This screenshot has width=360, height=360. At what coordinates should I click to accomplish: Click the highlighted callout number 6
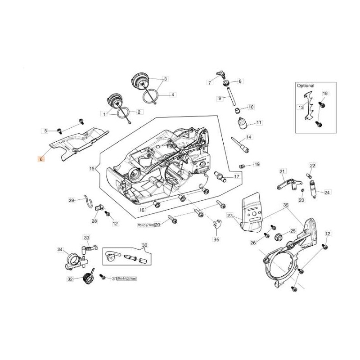[x=41, y=159]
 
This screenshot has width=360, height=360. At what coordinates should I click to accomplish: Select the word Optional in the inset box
[x=306, y=85]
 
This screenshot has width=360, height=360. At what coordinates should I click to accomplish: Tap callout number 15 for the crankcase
[x=92, y=169]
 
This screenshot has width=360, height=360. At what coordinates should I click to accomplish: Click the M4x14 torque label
[x=126, y=279]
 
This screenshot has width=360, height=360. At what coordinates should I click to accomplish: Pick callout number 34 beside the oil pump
[x=60, y=249]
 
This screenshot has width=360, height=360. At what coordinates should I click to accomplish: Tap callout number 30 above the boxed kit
[x=144, y=245]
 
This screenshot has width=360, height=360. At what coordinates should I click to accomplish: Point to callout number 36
[x=216, y=240]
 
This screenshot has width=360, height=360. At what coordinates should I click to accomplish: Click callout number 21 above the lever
[x=283, y=171]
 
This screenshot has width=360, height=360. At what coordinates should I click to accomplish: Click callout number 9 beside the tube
[x=220, y=98]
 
